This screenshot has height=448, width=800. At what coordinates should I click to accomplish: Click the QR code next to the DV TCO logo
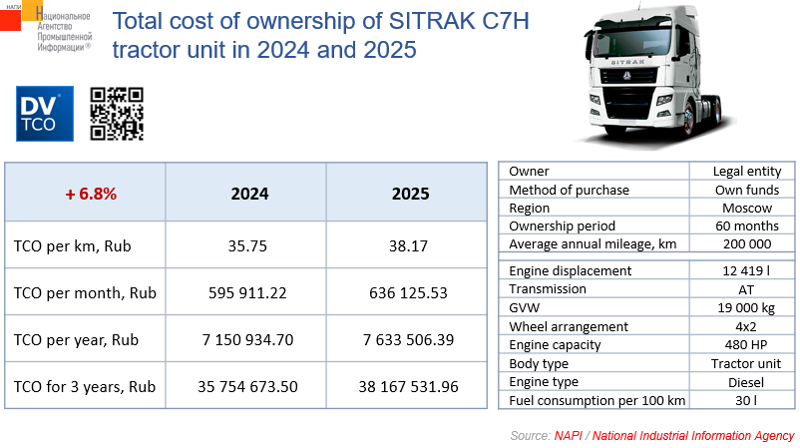point(117,114)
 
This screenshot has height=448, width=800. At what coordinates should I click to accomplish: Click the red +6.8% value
point(91,194)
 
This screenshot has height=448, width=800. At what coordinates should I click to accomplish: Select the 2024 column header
point(249,194)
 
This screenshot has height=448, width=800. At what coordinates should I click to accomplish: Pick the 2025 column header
point(410,194)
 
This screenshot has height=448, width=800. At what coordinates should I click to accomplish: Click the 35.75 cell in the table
point(249,245)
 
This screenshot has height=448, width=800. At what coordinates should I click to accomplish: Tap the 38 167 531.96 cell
point(410,386)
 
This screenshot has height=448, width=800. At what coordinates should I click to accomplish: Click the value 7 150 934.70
point(249,340)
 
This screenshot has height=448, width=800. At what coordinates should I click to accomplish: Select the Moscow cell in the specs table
point(747,209)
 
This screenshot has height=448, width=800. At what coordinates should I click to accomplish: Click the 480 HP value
point(747,345)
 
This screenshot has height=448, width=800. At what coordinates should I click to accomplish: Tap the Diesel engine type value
point(747,382)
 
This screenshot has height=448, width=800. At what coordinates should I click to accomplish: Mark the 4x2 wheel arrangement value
point(747,326)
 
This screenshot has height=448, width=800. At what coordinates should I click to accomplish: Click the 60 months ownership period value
point(747,226)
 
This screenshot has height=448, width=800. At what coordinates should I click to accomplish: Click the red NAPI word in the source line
point(569,436)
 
